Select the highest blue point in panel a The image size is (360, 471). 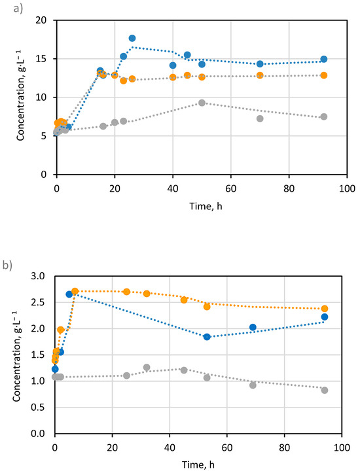coord(132,39)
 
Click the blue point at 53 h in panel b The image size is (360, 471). coord(207,337)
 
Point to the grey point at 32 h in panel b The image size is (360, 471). coord(147,368)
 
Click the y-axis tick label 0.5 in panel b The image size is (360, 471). coord(40,407)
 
